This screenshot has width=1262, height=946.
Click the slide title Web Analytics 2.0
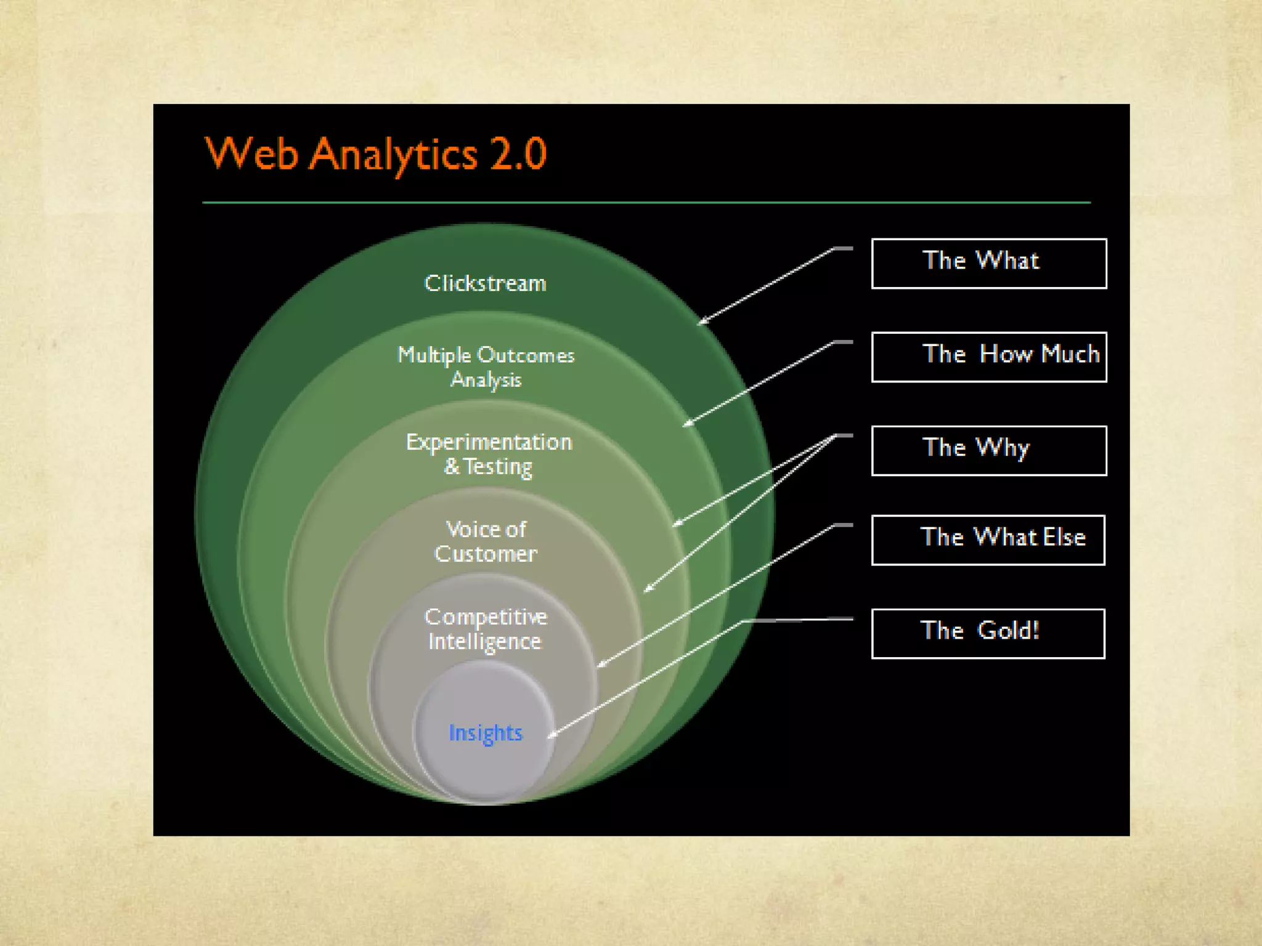[375, 153]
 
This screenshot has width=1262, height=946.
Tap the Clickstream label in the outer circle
[486, 283]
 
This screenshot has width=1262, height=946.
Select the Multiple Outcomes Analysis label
[486, 367]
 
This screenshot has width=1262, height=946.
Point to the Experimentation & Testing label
[489, 454]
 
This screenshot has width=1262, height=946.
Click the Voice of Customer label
[486, 541]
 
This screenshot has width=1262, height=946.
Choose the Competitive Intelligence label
[486, 629]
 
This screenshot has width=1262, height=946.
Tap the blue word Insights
[486, 733]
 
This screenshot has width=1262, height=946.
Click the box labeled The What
[989, 264]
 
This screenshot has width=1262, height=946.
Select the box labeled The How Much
[989, 357]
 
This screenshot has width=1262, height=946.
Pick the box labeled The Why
[989, 451]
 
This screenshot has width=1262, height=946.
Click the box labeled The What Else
[988, 540]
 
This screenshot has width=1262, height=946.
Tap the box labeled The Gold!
[988, 634]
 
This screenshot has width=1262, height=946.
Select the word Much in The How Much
[1070, 354]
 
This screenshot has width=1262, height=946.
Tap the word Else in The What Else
[1064, 537]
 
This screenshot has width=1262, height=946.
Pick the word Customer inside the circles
[486, 554]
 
